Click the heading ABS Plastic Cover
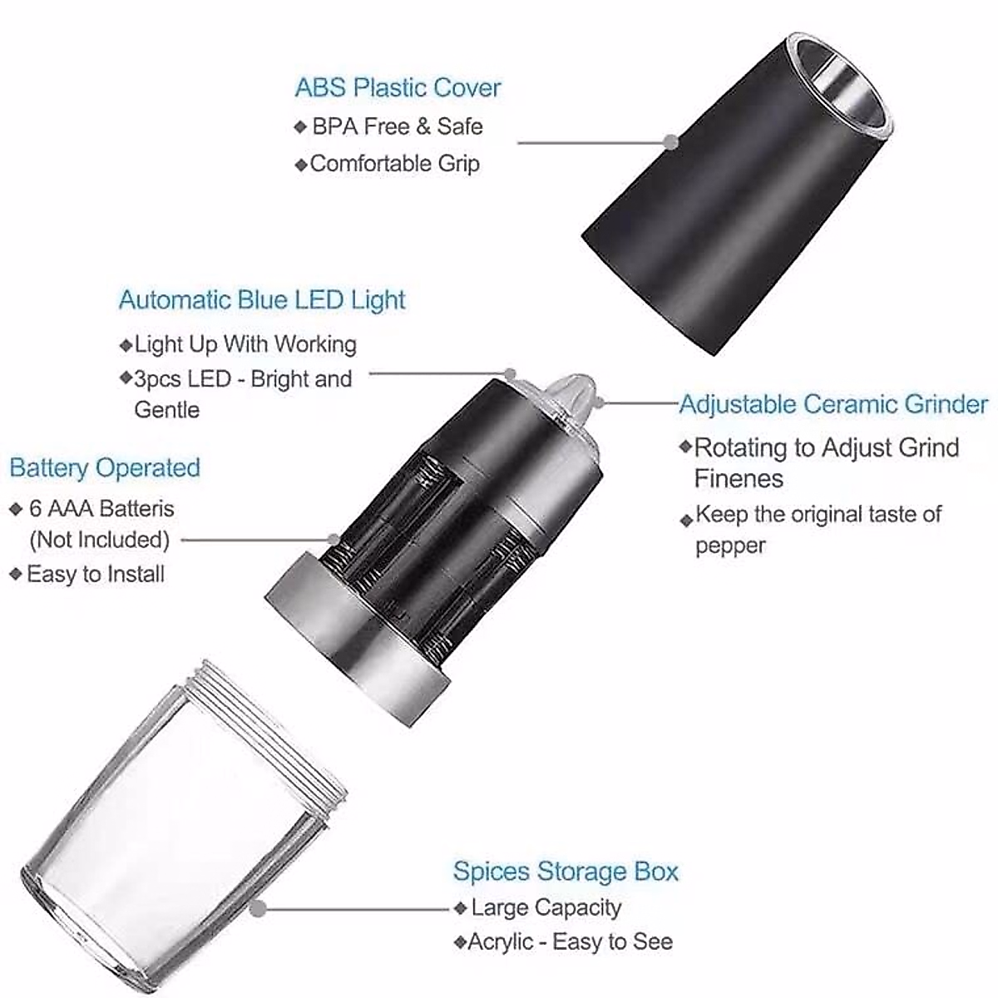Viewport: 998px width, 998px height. (x=398, y=88)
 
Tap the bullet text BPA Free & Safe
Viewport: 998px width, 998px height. (x=397, y=126)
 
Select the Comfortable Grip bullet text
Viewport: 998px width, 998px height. (x=394, y=163)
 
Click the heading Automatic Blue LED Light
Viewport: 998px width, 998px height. (x=262, y=300)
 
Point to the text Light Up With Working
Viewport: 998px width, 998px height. (x=245, y=344)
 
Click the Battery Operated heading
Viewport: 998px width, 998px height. (x=105, y=467)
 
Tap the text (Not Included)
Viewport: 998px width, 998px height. (x=99, y=540)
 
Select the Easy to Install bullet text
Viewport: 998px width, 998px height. (x=96, y=574)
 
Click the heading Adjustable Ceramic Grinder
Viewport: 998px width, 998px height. (x=834, y=405)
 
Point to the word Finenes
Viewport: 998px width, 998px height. (x=739, y=479)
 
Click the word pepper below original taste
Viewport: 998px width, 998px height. (x=730, y=546)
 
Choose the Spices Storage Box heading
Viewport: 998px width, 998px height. (x=566, y=872)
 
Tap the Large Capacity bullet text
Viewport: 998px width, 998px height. (x=546, y=907)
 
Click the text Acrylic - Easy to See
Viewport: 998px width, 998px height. (x=571, y=942)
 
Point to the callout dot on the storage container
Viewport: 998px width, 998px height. (x=259, y=908)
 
